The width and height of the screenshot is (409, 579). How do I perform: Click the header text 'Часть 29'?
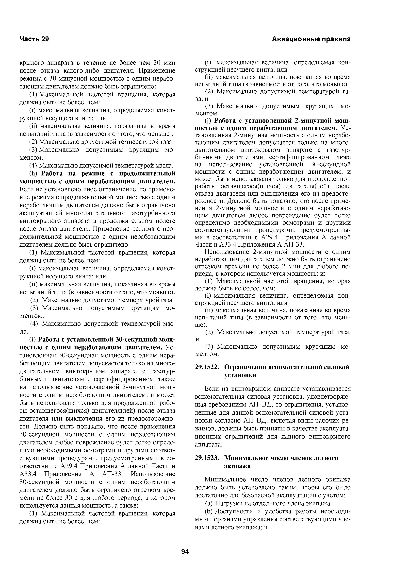click(34, 39)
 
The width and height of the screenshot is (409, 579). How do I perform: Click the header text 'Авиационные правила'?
click(311, 39)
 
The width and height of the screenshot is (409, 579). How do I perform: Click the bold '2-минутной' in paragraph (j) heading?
click(313, 120)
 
